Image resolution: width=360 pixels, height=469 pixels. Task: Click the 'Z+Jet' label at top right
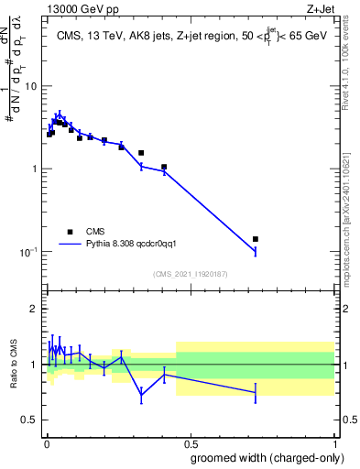(321, 8)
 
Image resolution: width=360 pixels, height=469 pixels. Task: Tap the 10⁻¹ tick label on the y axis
(29, 252)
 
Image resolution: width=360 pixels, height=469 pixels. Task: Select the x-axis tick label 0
(46, 442)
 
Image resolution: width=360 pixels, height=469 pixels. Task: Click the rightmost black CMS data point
(256, 239)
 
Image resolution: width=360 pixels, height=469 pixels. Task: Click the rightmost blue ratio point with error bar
(256, 392)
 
